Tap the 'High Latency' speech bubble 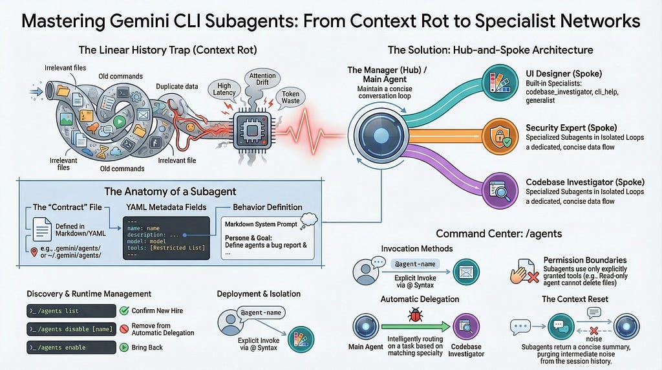point(224,89)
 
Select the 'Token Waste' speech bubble point(291,97)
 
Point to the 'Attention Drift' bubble point(262,79)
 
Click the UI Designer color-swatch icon point(500,83)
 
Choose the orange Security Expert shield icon point(500,136)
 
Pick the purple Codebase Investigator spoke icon point(500,190)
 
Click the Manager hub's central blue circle point(381,136)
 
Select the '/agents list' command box point(71,311)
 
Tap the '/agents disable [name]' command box point(71,329)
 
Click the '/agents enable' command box point(71,347)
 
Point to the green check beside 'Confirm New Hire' point(124,311)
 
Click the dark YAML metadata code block point(166,238)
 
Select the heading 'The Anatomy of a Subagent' point(170,191)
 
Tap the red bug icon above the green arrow point(415,314)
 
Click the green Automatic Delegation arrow point(416,327)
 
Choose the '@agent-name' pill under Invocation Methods point(415,264)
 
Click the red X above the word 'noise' point(594,331)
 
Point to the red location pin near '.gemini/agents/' point(34,252)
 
